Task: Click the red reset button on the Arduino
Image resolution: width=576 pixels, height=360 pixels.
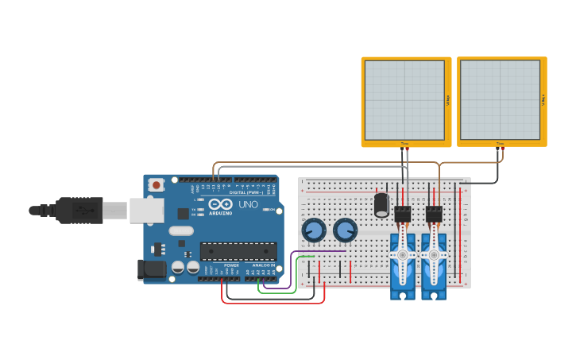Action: click(x=157, y=185)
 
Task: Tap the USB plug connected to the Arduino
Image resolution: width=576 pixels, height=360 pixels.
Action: click(x=79, y=211)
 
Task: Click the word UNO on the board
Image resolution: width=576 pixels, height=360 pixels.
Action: click(x=249, y=205)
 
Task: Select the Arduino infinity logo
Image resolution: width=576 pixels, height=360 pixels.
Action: click(x=221, y=204)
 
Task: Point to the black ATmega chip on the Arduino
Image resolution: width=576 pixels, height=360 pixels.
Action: click(x=238, y=251)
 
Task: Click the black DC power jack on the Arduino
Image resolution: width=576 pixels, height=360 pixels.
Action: click(x=151, y=269)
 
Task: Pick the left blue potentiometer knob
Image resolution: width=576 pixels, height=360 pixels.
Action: click(x=314, y=231)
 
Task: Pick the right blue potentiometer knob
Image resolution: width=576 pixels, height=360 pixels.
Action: click(x=346, y=231)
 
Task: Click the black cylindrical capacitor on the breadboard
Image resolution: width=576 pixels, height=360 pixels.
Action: click(x=382, y=206)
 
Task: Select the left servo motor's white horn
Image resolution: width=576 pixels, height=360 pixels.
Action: click(x=403, y=254)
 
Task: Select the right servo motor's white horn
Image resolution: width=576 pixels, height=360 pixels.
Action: click(x=434, y=254)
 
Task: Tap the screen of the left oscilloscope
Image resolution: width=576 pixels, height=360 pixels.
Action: click(x=404, y=99)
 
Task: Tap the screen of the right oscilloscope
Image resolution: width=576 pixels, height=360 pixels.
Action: click(x=500, y=99)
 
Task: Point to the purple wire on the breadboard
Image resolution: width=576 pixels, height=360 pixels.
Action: click(x=318, y=251)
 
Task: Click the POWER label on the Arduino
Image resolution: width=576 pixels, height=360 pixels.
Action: click(x=231, y=265)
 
